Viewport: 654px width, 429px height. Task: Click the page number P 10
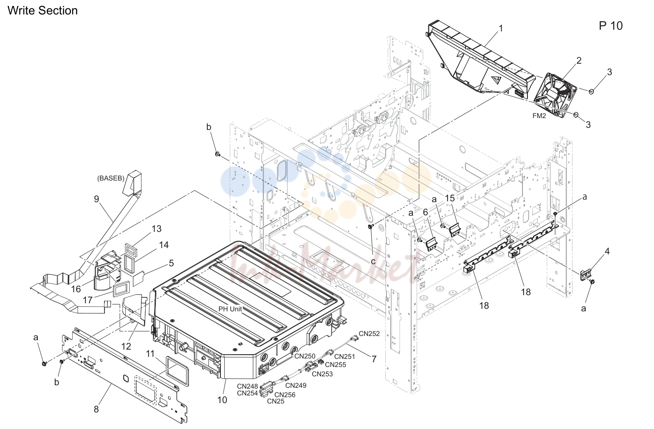pyautogui.click(x=611, y=26)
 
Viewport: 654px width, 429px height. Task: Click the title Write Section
pyautogui.click(x=42, y=11)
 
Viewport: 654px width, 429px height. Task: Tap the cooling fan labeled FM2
pyautogui.click(x=555, y=96)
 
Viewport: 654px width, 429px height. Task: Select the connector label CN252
pyautogui.click(x=369, y=333)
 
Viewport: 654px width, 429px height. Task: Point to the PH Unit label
pyautogui.click(x=230, y=309)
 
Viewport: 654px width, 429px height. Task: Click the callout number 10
pyautogui.click(x=222, y=400)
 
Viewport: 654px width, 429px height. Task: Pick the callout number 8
pyautogui.click(x=96, y=409)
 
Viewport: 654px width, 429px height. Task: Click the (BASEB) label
pyautogui.click(x=111, y=178)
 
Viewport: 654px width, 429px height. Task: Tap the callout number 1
pyautogui.click(x=501, y=28)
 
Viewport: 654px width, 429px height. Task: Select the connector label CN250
pyautogui.click(x=305, y=356)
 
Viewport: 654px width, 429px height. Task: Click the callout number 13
pyautogui.click(x=157, y=229)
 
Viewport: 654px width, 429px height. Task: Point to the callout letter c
pyautogui.click(x=373, y=261)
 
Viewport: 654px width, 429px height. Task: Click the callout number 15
pyautogui.click(x=450, y=198)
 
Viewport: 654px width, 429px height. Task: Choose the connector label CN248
pyautogui.click(x=247, y=387)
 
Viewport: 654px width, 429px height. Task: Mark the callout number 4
pyautogui.click(x=607, y=251)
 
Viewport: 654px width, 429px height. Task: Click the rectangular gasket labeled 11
pyautogui.click(x=177, y=371)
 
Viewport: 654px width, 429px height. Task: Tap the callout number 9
pyautogui.click(x=97, y=199)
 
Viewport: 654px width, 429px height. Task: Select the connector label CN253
pyautogui.click(x=322, y=374)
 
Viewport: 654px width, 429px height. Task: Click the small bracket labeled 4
pyautogui.click(x=585, y=275)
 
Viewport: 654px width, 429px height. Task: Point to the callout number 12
pyautogui.click(x=126, y=346)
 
